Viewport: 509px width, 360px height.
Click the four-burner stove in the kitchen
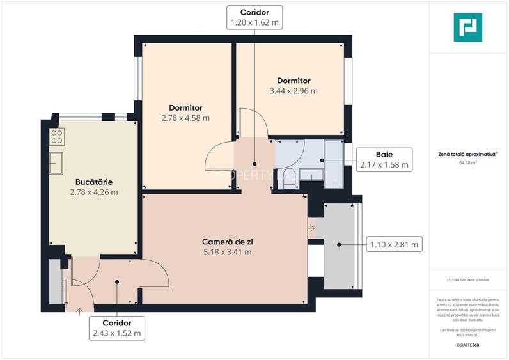[57, 136]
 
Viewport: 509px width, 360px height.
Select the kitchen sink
[57, 162]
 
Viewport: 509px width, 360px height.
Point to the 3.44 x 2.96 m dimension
[294, 91]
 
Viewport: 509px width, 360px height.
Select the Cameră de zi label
[226, 242]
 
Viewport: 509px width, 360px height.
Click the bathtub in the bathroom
[334, 165]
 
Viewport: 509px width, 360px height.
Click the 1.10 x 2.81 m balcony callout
[393, 244]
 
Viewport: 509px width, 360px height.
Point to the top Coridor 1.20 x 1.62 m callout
[254, 17]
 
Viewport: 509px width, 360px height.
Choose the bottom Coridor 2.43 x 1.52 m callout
[116, 328]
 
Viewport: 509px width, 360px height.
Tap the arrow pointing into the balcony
[311, 227]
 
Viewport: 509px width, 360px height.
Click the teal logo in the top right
[467, 27]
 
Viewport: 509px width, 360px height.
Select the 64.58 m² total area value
[468, 163]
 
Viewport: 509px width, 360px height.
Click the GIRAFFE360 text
[467, 345]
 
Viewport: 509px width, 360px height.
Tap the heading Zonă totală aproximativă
[468, 154]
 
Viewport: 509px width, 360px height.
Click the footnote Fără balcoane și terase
[468, 280]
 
